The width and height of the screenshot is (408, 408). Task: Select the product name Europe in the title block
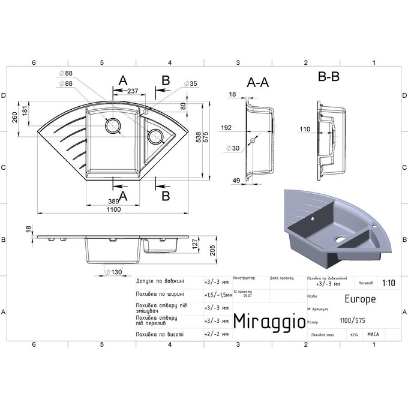360,298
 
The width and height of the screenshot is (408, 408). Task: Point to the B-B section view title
329,77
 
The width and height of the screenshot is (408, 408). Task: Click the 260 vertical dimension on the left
14,118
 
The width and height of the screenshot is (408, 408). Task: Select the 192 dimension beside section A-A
226,128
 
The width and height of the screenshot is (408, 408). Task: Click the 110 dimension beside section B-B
304,128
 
